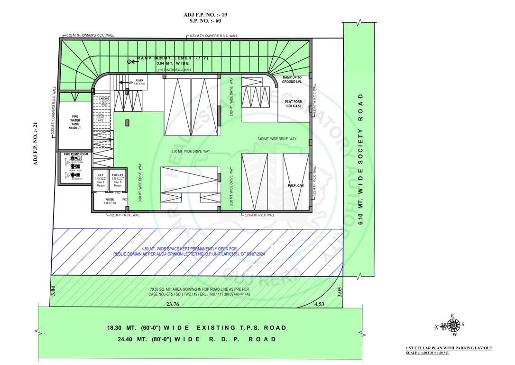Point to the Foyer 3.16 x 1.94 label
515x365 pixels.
[x=110, y=201]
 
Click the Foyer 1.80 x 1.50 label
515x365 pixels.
[x=139, y=82]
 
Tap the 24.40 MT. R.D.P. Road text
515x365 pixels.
[x=196, y=339]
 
